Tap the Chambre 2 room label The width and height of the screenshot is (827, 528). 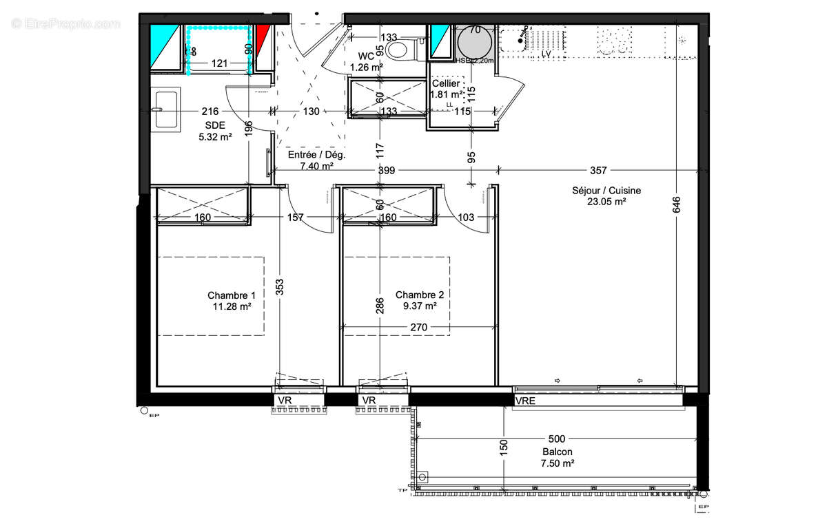pos(419,295)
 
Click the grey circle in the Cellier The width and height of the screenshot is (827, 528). pos(474,45)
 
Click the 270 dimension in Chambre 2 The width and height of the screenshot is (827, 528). pos(420,327)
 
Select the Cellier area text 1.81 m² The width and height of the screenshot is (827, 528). pos(447,95)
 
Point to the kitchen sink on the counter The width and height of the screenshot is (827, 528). pos(517,41)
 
